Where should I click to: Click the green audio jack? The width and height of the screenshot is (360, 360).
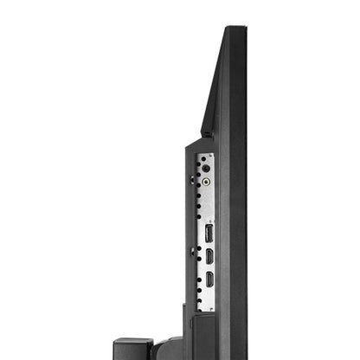[206, 183]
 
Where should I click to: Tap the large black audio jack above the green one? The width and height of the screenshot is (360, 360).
[206, 169]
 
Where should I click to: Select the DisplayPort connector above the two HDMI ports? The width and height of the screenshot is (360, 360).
[209, 233]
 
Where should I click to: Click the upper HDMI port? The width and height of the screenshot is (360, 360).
[209, 257]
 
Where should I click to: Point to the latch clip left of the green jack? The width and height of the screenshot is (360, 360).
[192, 180]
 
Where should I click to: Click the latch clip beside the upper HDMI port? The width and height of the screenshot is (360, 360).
[192, 253]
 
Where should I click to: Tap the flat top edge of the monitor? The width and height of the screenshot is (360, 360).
[235, 29]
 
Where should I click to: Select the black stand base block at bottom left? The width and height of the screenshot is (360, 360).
[132, 348]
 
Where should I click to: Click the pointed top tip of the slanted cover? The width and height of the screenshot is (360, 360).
[227, 29]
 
